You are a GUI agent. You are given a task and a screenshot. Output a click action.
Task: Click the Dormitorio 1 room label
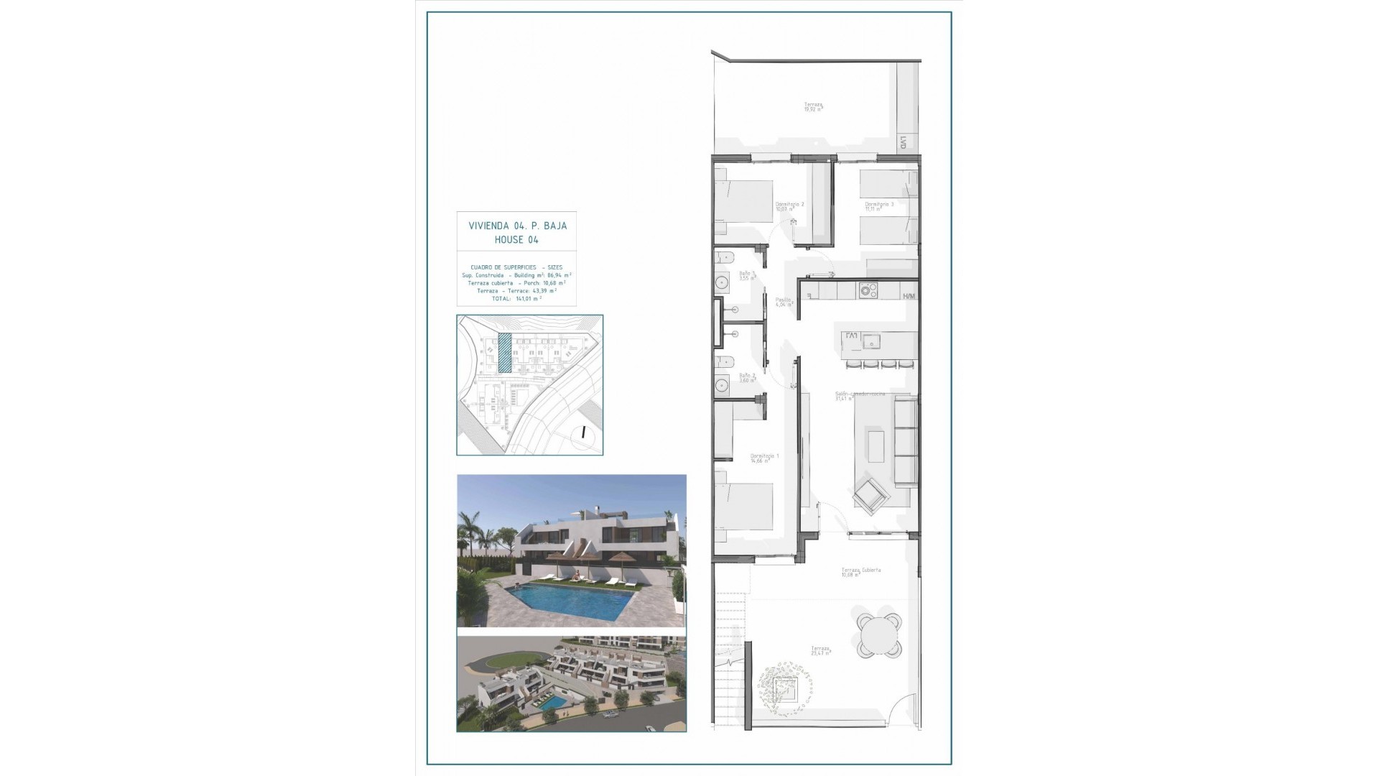[764, 458]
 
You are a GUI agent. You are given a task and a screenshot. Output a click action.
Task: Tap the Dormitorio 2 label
[789, 206]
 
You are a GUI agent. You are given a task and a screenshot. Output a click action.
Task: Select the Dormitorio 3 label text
[879, 206]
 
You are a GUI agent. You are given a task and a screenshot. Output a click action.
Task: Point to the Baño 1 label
[746, 274]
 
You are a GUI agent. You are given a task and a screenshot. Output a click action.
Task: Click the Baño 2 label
[747, 377]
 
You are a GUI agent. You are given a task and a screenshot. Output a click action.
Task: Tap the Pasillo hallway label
[784, 302]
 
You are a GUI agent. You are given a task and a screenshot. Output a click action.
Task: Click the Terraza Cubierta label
[861, 572]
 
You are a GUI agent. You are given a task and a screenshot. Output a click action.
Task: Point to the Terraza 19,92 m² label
[813, 106]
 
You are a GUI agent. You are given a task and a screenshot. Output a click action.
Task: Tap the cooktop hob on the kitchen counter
[870, 291]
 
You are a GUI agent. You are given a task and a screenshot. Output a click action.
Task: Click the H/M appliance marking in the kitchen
[909, 296]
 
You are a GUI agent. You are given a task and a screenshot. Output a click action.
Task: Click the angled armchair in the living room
[870, 495]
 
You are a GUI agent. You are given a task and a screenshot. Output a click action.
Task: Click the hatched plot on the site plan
[505, 352]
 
